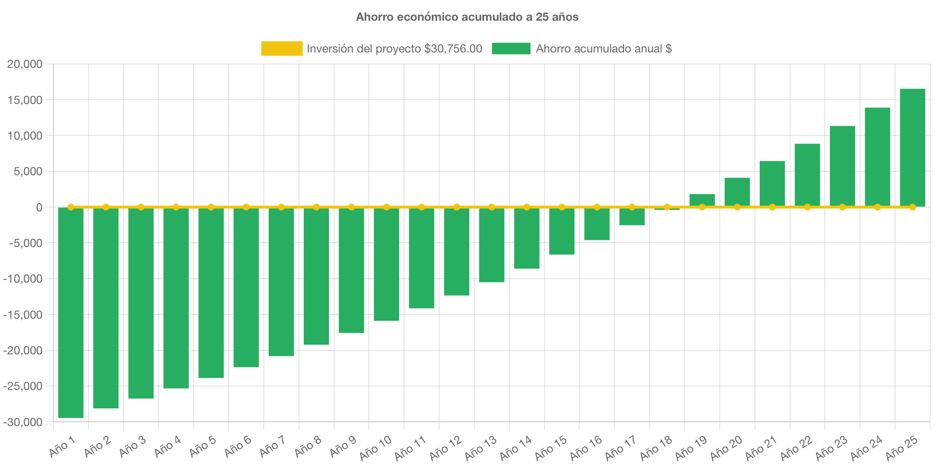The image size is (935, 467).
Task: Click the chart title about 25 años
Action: tap(467, 17)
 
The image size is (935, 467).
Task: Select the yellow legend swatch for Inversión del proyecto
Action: tap(282, 49)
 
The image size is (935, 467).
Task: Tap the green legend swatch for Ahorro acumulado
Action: tap(511, 49)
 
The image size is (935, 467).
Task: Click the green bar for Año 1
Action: tap(71, 313)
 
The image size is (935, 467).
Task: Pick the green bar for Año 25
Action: tap(912, 147)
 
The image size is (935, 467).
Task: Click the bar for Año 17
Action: tap(632, 217)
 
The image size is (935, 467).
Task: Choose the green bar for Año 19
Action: tap(702, 200)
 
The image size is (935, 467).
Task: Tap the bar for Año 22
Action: tap(807, 175)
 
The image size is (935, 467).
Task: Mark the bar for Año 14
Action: tap(527, 238)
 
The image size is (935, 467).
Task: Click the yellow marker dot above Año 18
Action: tap(667, 207)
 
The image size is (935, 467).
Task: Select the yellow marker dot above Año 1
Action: tap(71, 207)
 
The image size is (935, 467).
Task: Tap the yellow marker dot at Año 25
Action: tap(912, 207)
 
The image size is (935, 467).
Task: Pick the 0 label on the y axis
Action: tap(39, 208)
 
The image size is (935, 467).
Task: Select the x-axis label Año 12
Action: tap(446, 447)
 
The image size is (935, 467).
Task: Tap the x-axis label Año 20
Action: tap(726, 447)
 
